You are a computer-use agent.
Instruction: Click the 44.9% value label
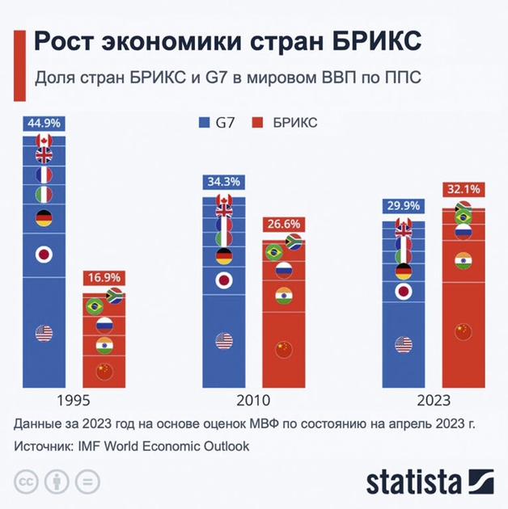click(44, 124)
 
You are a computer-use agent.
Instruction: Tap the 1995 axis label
click(73, 400)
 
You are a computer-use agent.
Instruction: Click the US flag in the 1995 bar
click(44, 333)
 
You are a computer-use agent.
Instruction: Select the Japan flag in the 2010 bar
click(224, 281)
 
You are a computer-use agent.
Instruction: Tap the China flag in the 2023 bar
click(462, 331)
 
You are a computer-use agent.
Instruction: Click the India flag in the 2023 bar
click(462, 261)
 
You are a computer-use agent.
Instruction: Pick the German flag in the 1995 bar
click(44, 217)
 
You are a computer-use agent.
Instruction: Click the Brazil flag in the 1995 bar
click(95, 305)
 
